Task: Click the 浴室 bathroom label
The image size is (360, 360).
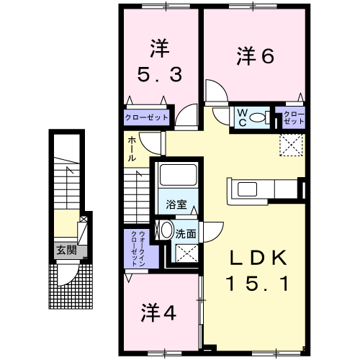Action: coord(177,204)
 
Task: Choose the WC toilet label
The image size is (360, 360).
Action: coord(243,117)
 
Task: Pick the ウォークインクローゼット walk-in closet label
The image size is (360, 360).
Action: coord(138,248)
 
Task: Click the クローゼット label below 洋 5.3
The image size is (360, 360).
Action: coord(147,117)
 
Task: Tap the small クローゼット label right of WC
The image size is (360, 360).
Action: coord(292,117)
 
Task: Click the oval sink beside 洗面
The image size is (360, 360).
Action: coord(166,231)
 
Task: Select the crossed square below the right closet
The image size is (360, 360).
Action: coord(292,145)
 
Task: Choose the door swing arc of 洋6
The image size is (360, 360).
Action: coord(215,91)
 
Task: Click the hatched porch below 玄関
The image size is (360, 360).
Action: coord(71,285)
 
